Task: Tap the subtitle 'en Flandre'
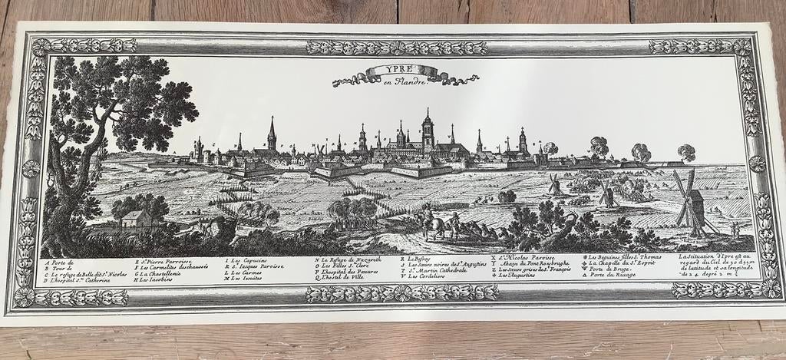[405, 81]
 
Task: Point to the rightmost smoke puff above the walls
[686, 151]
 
